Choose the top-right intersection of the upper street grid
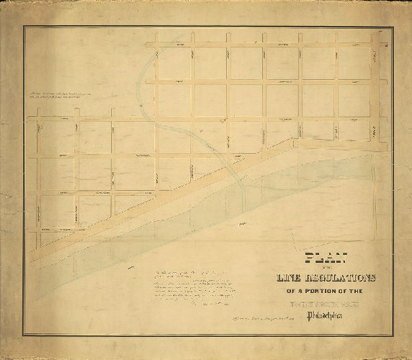pyautogui.click(x=375, y=45)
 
